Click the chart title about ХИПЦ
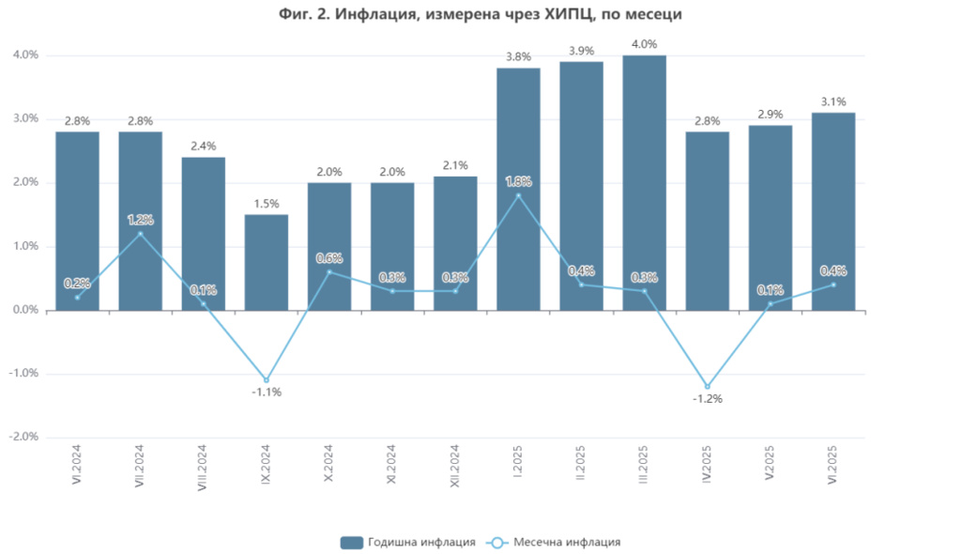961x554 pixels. coord(480,14)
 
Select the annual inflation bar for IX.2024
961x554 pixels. coord(267,263)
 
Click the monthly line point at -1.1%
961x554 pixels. coord(267,379)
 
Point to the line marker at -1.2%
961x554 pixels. coord(708,386)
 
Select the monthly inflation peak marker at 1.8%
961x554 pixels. coord(518,195)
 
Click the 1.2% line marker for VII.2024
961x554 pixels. coord(141,233)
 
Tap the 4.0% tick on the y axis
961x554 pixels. coord(24,55)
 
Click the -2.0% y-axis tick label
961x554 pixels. coord(23,438)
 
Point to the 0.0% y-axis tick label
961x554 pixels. coord(24,310)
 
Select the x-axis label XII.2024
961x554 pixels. coord(455,465)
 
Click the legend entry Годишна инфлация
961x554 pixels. coord(407,542)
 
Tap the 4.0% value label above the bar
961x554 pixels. coord(645,44)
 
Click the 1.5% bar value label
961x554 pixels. coord(267,204)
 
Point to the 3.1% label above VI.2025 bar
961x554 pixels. coord(833,101)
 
